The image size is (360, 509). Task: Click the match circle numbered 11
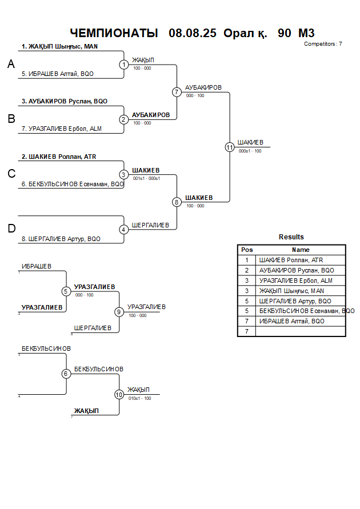230,147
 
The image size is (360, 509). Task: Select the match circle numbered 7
177,92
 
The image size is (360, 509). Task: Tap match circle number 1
123,65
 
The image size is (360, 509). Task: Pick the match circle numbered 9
119,312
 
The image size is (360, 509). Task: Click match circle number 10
119,394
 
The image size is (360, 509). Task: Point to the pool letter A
11,65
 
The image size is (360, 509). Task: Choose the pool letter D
11,229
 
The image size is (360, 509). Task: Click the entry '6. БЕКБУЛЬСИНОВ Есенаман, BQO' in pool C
73,184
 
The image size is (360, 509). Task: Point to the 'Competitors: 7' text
323,43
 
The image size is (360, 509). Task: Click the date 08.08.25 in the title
193,33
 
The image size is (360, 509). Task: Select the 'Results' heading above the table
291,237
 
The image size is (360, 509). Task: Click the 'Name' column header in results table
301,250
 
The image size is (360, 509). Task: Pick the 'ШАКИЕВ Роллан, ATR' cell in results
291,260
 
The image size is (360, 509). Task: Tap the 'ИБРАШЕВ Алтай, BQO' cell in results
291,321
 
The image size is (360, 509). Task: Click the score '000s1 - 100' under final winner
250,151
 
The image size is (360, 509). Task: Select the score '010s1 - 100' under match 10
140,398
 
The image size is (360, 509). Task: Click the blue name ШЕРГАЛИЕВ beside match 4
150,225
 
